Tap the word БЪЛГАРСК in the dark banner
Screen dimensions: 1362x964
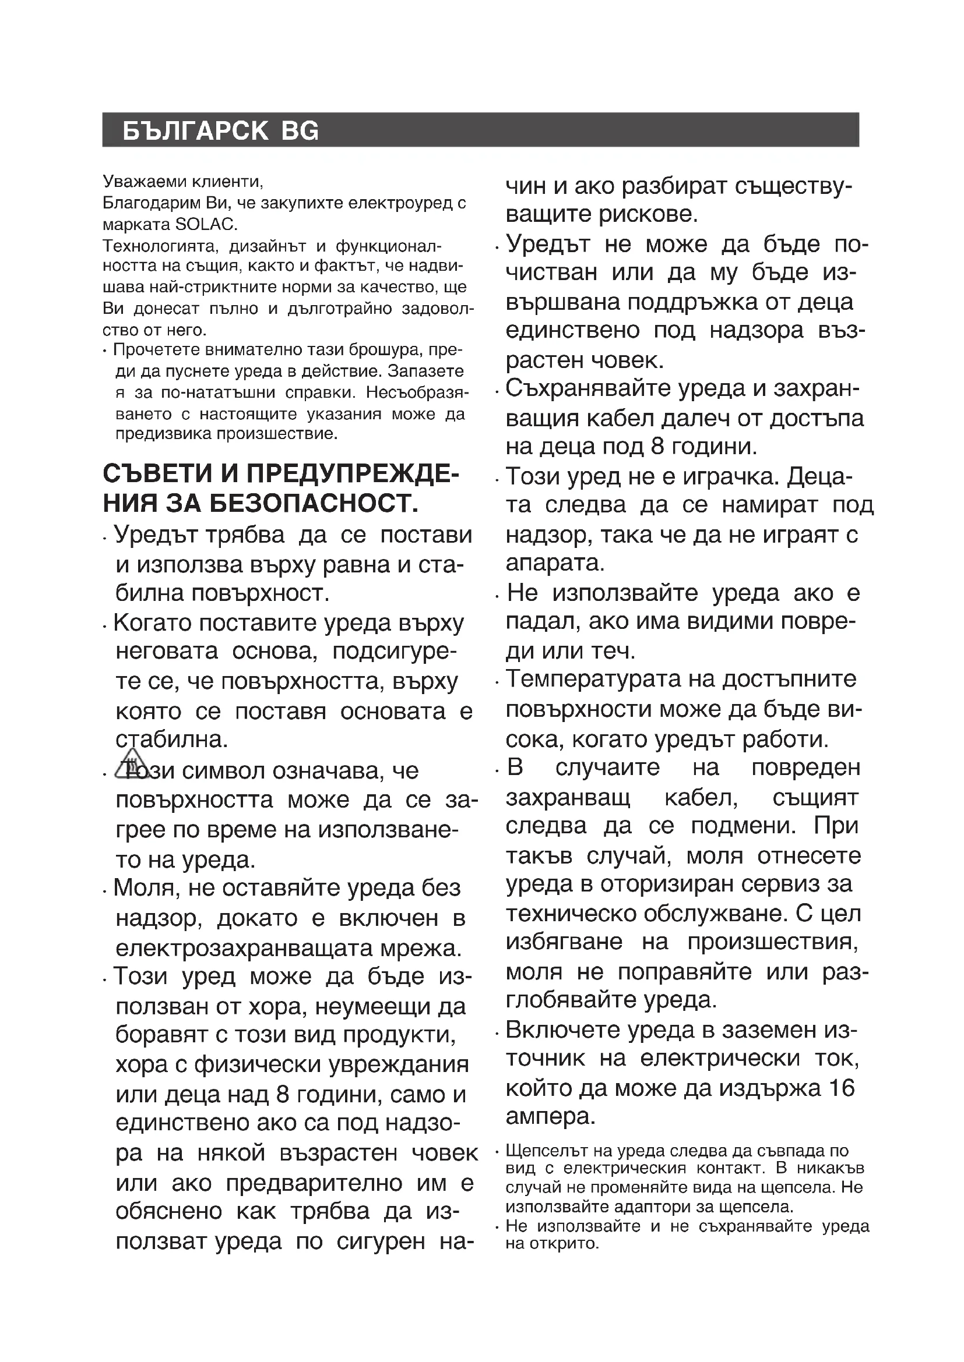click(195, 131)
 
